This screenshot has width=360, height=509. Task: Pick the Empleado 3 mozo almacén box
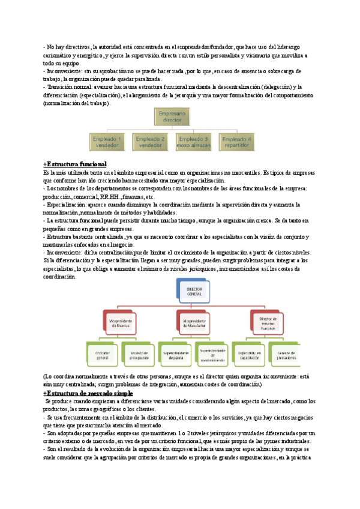193,142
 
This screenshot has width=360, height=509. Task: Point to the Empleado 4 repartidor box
237,142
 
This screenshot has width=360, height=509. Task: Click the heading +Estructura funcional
74,164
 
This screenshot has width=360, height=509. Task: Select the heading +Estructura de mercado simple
86,392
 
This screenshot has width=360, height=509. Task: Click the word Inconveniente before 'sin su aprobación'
64,71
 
